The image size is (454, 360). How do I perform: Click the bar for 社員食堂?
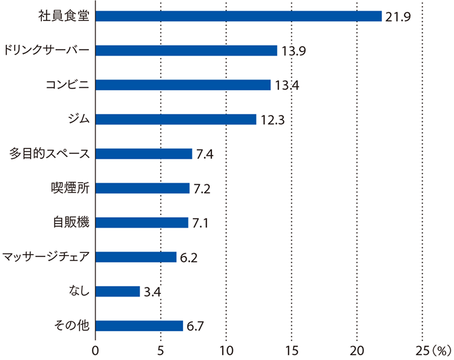tap(238, 16)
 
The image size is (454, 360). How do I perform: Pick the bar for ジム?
tap(176, 119)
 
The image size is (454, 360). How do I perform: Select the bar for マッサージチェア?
tap(136, 257)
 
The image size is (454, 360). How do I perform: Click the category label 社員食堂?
tap(66, 16)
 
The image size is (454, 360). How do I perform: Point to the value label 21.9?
tap(397, 16)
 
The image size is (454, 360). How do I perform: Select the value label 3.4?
tap(152, 292)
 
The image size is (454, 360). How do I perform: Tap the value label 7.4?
tap(205, 154)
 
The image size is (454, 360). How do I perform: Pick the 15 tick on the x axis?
tap(291, 348)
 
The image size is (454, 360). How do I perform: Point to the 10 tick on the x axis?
tap(226, 348)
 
